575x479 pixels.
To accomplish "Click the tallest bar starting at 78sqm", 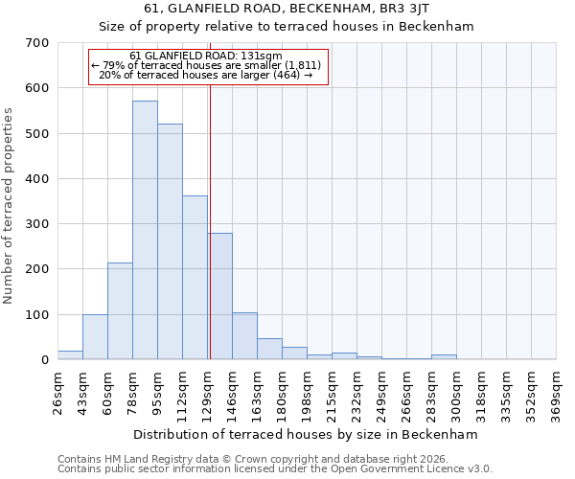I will click(x=145, y=230).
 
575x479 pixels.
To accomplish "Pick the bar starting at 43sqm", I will click(x=95, y=337).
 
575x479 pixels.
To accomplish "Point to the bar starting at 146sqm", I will click(x=244, y=336).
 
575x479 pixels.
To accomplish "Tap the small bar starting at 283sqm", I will click(x=444, y=357).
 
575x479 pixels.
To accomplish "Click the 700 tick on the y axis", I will click(x=37, y=43).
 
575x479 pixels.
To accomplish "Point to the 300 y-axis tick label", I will click(x=37, y=224).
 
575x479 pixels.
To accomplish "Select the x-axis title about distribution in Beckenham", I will click(x=305, y=434).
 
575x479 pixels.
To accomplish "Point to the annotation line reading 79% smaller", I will click(x=209, y=65).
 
